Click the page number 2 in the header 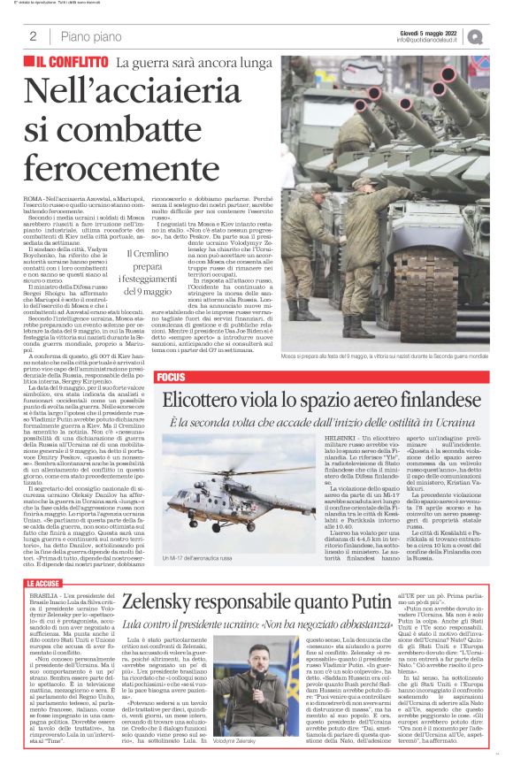click(33, 36)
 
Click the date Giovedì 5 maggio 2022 click(431, 32)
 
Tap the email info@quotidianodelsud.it click(430, 40)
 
